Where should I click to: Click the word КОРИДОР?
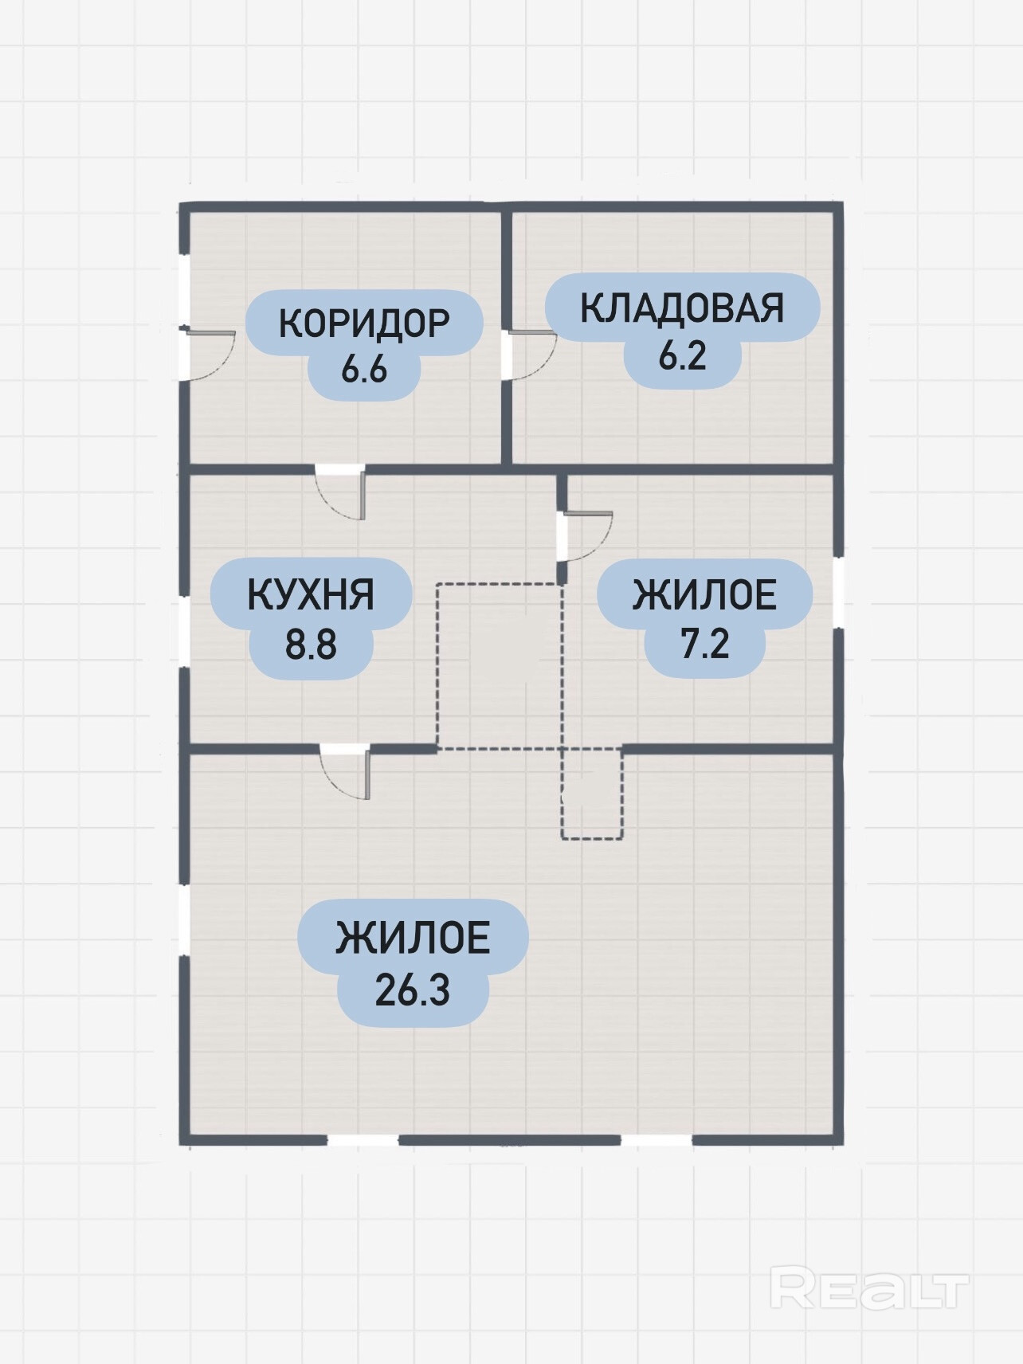[x=364, y=323]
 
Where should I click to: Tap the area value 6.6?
[x=364, y=370]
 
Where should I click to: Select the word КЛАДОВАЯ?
[x=682, y=308]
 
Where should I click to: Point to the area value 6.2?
[x=682, y=355]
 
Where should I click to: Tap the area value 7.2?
[x=705, y=644]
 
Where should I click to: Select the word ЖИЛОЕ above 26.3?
[x=413, y=938]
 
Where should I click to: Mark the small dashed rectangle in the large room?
[x=592, y=794]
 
